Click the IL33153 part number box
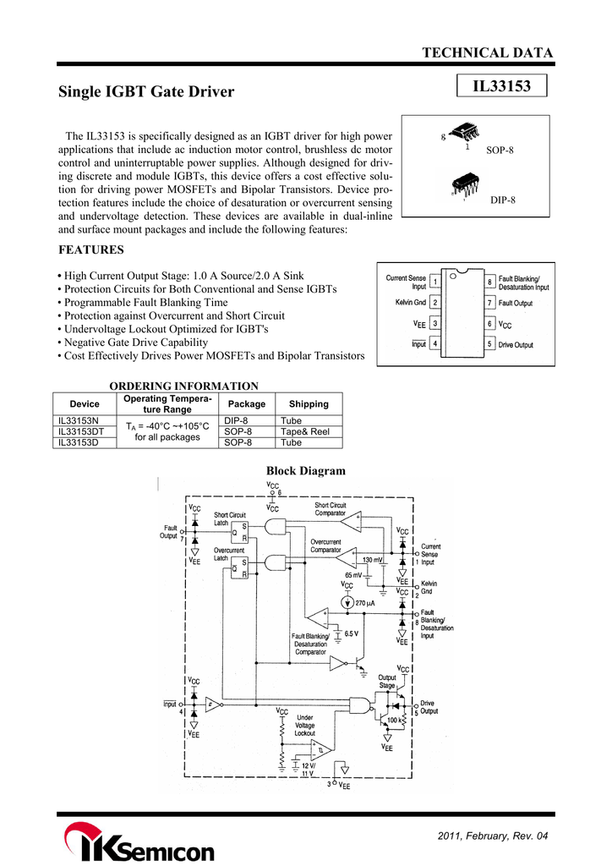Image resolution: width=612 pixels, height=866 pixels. tap(501, 85)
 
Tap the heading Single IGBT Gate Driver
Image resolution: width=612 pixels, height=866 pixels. tap(146, 91)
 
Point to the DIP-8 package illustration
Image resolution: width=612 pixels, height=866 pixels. tap(465, 184)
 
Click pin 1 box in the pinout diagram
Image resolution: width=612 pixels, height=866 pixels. tap(434, 282)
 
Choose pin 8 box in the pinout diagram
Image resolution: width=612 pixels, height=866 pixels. tap(489, 282)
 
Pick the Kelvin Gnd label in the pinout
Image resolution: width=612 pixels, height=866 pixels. tap(411, 302)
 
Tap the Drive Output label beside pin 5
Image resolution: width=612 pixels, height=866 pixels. tap(516, 345)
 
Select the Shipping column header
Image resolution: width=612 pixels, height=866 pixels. tap(309, 403)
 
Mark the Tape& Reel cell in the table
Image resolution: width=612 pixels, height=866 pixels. tap(304, 431)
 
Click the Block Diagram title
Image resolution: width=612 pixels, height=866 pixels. tap(306, 470)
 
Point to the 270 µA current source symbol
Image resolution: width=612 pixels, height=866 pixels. tap(347, 602)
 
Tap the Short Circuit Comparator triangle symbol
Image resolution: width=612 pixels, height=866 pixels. tap(351, 521)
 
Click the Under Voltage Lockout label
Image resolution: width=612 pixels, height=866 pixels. tap(304, 725)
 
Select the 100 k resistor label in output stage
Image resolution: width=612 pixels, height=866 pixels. tap(392, 721)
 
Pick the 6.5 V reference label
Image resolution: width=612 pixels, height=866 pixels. tap(352, 633)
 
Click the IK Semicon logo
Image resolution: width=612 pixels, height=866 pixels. tap(139, 842)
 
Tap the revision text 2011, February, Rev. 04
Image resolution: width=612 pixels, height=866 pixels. tap(493, 836)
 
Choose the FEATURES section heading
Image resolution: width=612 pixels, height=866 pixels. tap(91, 249)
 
